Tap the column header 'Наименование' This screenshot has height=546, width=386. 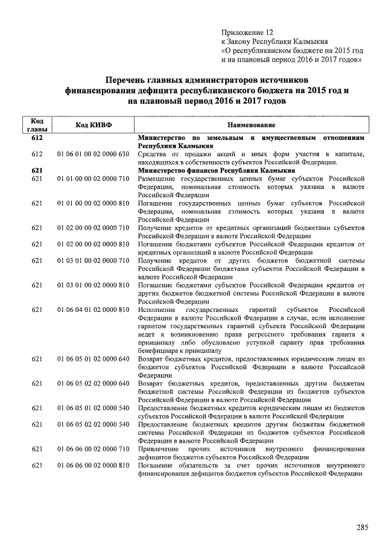pyautogui.click(x=252, y=125)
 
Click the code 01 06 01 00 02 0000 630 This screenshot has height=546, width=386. pyautogui.click(x=93, y=154)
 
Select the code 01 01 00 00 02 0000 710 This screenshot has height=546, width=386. pyautogui.click(x=93, y=179)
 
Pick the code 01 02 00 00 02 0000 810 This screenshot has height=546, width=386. pyautogui.click(x=93, y=244)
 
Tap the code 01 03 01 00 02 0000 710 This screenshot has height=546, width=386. pyautogui.click(x=93, y=260)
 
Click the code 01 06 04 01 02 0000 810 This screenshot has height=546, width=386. pyautogui.click(x=93, y=310)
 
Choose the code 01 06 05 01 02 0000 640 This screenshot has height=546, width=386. pyautogui.click(x=93, y=359)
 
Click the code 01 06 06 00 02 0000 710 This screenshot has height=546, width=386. pyautogui.click(x=93, y=449)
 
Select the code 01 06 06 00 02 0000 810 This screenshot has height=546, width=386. pyautogui.click(x=93, y=465)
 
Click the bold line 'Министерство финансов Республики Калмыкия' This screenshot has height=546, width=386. pyautogui.click(x=214, y=171)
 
